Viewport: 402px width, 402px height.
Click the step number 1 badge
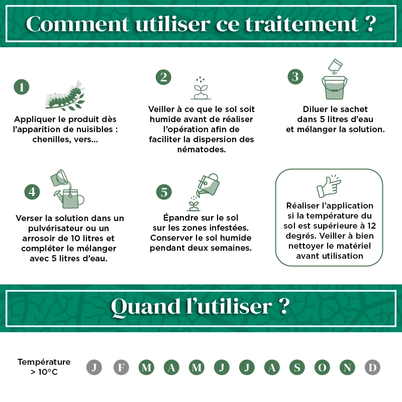21,87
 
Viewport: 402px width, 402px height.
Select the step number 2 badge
163,77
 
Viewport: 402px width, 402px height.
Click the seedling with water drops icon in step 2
200,88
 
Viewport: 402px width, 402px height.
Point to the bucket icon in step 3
334,88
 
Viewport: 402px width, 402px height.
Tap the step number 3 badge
295,76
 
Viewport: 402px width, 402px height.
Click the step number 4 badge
32,191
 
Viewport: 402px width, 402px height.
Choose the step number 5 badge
164,191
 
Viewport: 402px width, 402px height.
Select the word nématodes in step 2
201,149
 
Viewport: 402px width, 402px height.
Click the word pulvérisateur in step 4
53,228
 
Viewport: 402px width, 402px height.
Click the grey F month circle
121,367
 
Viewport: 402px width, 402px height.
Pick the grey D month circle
372,367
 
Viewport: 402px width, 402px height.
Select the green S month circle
297,367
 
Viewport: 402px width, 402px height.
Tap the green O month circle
322,367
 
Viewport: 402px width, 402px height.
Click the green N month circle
347,367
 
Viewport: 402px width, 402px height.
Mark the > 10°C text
44,372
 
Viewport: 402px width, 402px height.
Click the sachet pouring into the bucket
335,66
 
